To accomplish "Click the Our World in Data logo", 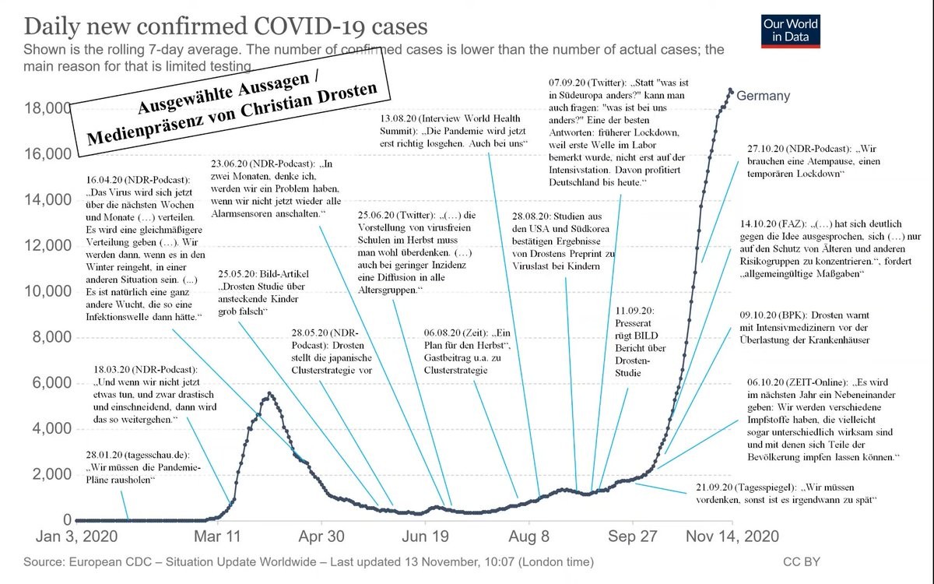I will click(791, 30).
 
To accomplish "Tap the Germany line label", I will click(763, 96).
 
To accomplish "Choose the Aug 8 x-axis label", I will click(530, 537).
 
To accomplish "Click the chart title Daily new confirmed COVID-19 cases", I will click(226, 26).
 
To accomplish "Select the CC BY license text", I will click(801, 561).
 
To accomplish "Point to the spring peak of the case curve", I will click(269, 393).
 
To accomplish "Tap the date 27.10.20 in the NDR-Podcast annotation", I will click(768, 148).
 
